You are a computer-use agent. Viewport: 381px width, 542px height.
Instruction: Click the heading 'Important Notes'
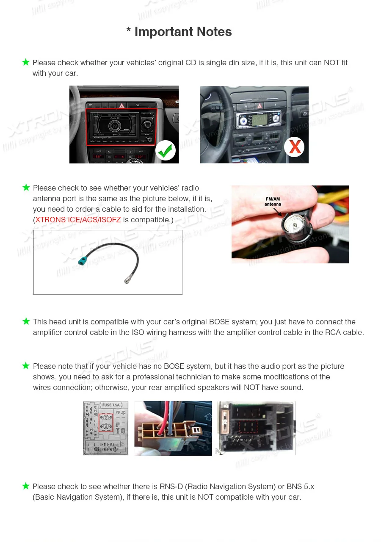[x=179, y=32]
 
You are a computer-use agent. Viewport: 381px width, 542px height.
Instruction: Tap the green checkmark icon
[x=165, y=150]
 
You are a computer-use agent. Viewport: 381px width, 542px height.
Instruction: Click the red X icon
[x=295, y=147]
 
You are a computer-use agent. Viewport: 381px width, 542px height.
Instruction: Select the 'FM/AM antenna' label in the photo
[x=273, y=202]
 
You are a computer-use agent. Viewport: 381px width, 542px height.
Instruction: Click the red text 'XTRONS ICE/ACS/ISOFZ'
[x=78, y=220]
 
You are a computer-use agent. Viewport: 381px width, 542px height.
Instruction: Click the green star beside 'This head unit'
[x=26, y=321]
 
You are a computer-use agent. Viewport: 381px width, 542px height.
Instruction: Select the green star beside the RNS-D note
[x=26, y=486]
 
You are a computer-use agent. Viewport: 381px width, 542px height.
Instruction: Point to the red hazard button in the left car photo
[x=121, y=105]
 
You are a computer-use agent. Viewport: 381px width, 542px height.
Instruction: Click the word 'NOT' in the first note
[x=332, y=63]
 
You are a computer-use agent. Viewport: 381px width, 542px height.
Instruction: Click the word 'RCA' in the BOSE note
[x=333, y=332]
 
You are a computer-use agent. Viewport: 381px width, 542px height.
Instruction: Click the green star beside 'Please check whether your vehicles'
[x=26, y=62]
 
